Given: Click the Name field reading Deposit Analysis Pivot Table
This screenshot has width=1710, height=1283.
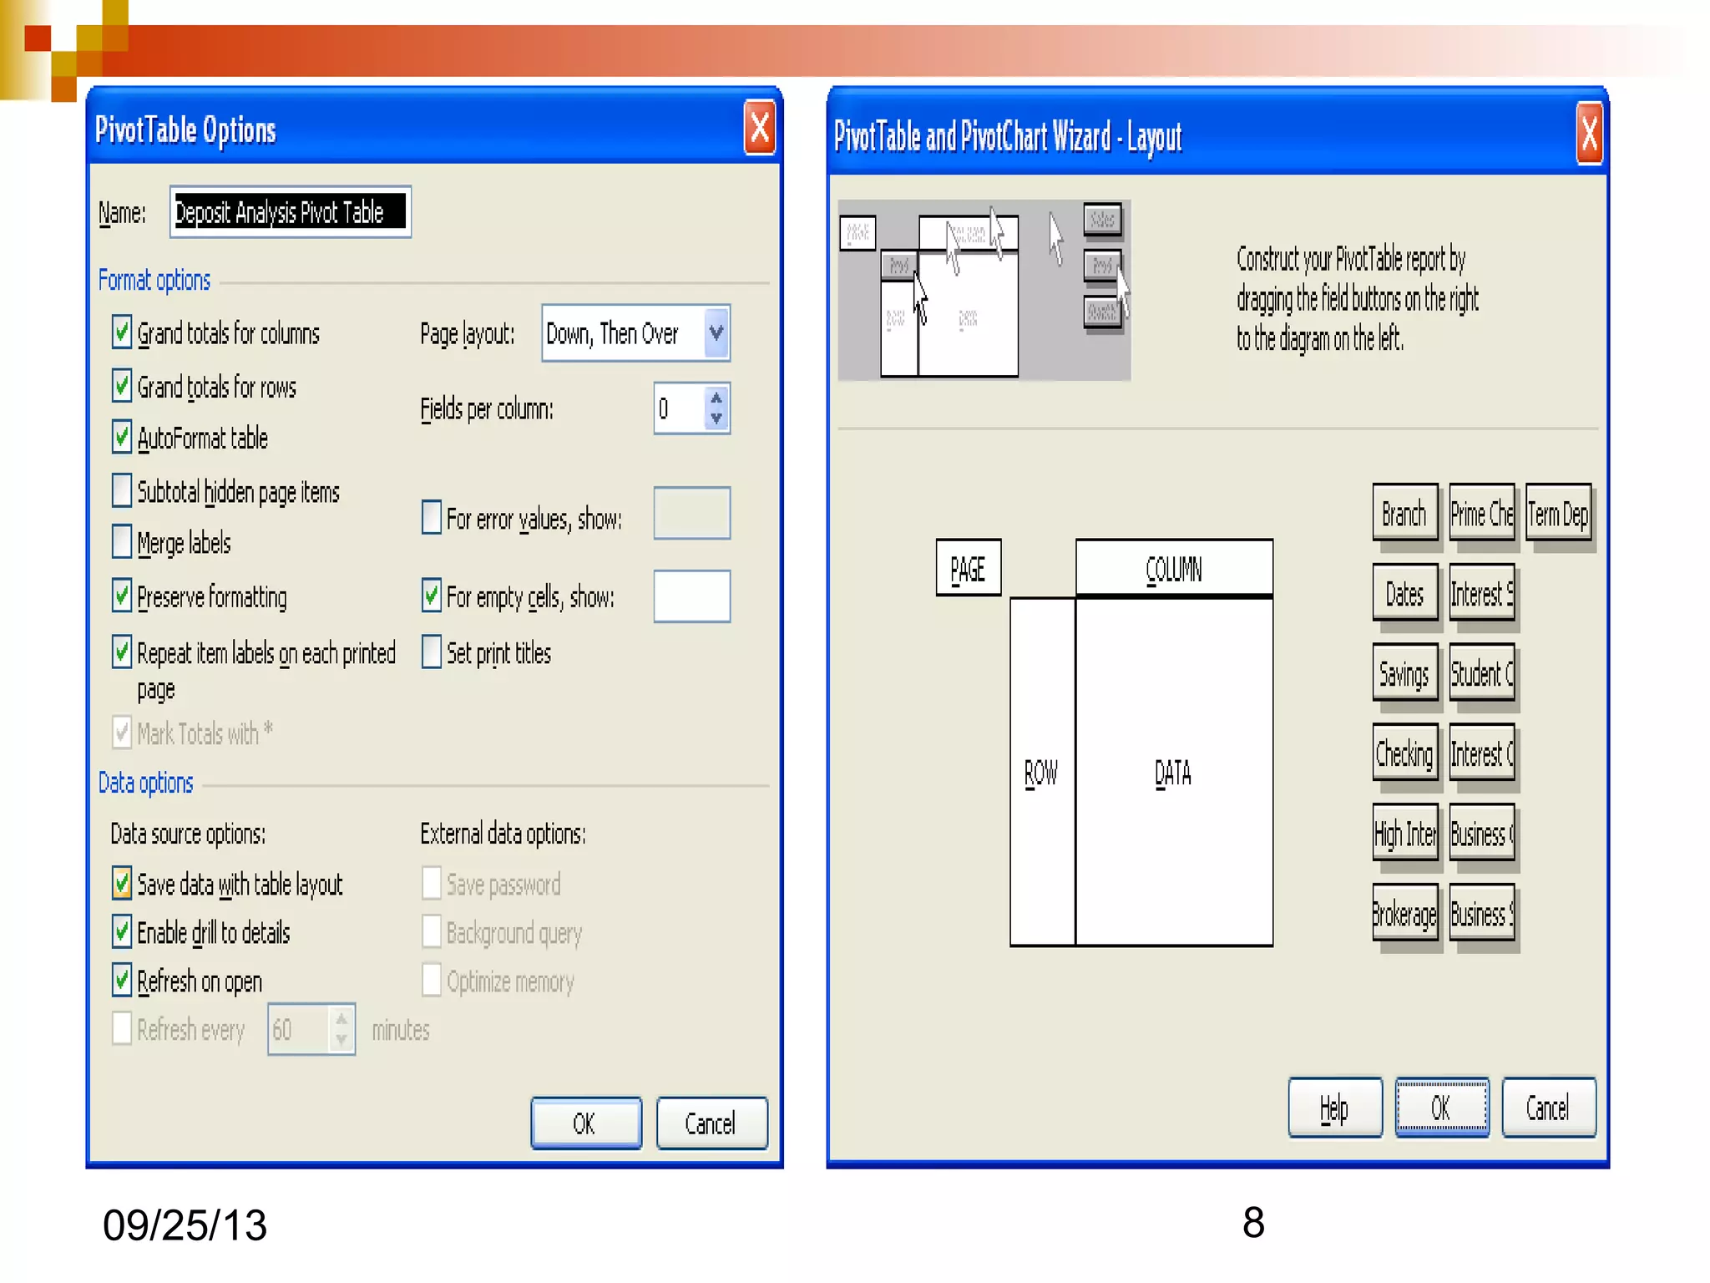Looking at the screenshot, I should point(289,212).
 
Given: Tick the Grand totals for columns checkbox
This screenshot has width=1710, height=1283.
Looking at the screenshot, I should point(122,332).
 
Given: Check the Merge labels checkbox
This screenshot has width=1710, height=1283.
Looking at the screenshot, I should point(122,542).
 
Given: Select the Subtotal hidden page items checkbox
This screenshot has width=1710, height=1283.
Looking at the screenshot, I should point(122,491).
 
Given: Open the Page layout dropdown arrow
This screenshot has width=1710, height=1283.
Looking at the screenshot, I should point(716,333).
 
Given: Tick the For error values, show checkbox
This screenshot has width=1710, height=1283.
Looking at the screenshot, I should point(431,518).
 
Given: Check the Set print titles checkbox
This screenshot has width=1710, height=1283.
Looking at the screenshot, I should point(431,652).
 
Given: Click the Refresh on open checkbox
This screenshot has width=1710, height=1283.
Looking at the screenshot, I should point(122,981).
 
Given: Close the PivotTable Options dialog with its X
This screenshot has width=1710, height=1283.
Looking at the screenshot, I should point(760,129).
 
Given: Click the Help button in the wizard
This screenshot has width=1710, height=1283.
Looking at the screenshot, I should point(1334,1108).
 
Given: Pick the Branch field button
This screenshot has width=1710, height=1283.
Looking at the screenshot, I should point(1404,514).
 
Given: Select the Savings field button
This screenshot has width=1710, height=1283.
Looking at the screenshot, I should point(1404,673).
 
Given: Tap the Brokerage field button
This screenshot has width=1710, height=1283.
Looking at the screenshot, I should point(1404,915).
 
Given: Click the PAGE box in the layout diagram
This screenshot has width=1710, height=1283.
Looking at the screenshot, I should point(968,569).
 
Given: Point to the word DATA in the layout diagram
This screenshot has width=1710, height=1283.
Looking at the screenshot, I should point(1173,773).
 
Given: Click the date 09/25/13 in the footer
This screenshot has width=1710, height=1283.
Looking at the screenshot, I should point(185,1225).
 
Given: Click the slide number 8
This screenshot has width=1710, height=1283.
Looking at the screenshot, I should point(1253,1223).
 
